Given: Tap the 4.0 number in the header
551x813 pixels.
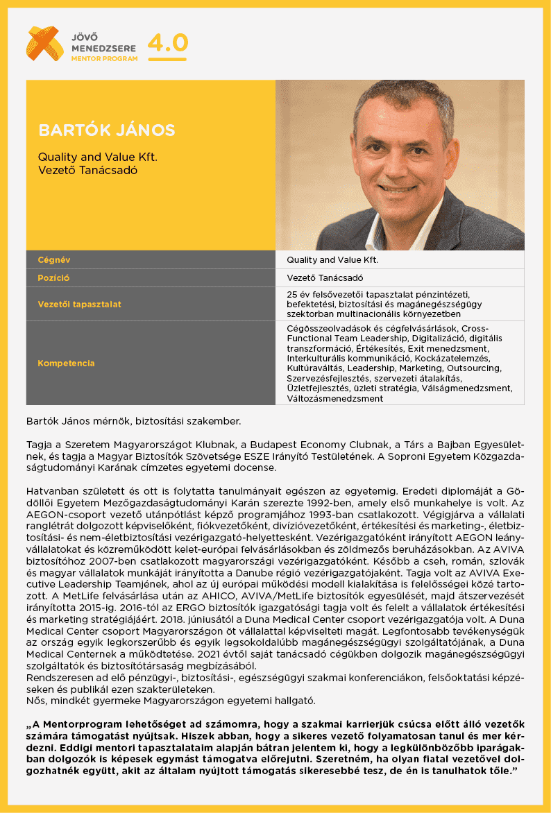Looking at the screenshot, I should (x=168, y=43).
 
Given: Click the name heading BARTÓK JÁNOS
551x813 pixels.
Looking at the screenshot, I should (x=107, y=130).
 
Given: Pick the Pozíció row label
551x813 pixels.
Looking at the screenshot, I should (x=53, y=278).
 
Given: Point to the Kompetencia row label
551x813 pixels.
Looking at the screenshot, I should (x=66, y=363).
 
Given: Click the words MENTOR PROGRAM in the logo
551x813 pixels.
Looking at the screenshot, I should (x=104, y=59).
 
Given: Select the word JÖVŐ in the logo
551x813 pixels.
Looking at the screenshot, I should (x=86, y=35).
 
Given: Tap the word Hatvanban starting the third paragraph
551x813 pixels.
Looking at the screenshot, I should (x=51, y=492).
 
